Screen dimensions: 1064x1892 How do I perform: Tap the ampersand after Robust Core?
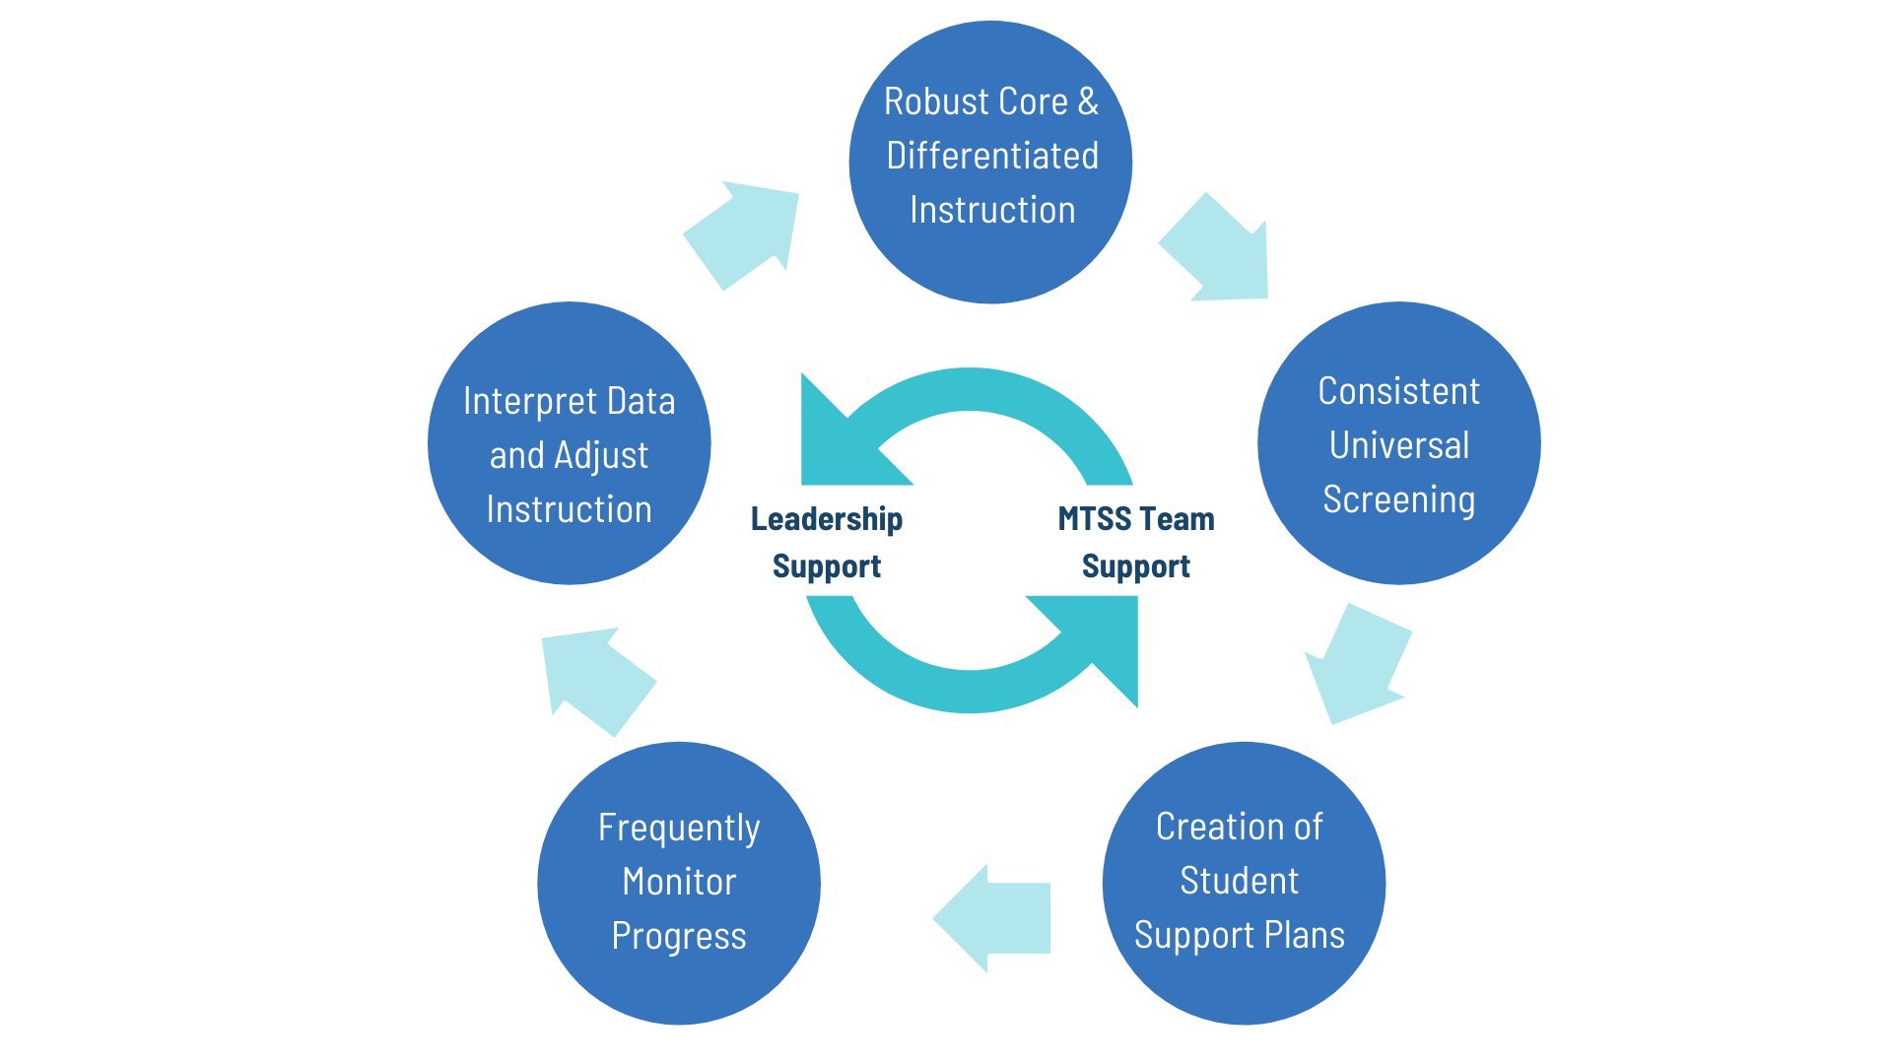pyautogui.click(x=1087, y=101)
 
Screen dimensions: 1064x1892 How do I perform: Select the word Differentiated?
pyautogui.click(x=991, y=156)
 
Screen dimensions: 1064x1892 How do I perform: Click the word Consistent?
pyautogui.click(x=1398, y=391)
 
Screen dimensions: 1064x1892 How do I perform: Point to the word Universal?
pyautogui.click(x=1398, y=445)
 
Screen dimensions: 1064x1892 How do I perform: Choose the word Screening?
pyautogui.click(x=1398, y=499)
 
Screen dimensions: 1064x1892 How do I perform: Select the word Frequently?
pyautogui.click(x=679, y=829)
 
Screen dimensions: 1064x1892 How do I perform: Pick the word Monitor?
pyautogui.click(x=679, y=882)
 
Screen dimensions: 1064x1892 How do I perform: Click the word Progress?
pyautogui.click(x=679, y=937)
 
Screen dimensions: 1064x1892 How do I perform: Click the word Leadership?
pyautogui.click(x=827, y=519)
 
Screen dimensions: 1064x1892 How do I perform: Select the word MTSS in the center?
pyautogui.click(x=1094, y=519)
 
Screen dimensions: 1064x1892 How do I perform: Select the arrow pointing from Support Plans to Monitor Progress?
pyautogui.click(x=995, y=918)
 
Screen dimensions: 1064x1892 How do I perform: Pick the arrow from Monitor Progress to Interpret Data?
pyautogui.click(x=595, y=678)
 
